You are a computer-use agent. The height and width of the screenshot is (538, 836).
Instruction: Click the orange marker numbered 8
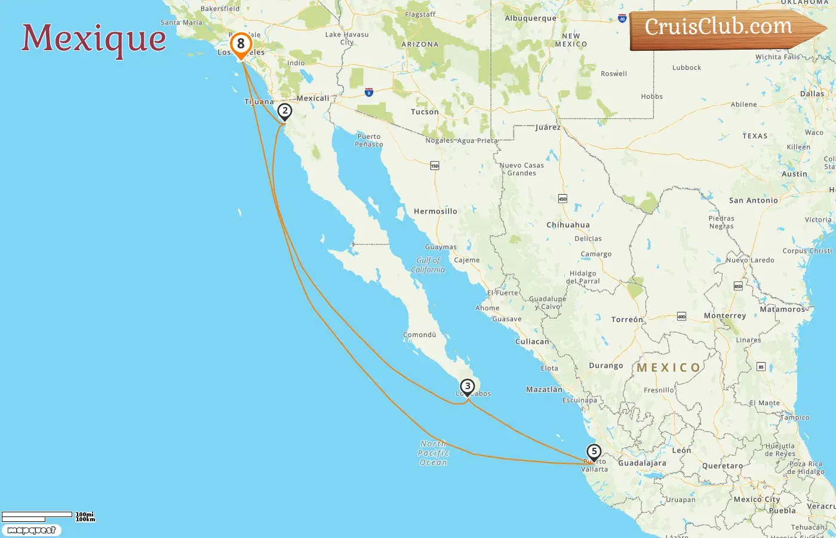[241, 44]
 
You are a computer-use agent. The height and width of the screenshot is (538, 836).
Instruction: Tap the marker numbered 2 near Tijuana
[285, 111]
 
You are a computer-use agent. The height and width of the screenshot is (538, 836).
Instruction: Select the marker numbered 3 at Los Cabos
[468, 386]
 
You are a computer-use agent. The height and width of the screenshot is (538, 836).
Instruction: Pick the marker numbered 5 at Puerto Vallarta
[594, 451]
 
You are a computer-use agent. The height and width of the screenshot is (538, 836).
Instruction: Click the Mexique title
[94, 38]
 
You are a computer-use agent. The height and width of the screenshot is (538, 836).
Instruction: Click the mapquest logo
[31, 530]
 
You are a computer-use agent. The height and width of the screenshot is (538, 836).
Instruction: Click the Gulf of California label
[428, 265]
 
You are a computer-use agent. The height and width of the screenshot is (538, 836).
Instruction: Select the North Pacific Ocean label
[434, 453]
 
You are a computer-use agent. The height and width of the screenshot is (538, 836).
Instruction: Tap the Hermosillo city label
[435, 212]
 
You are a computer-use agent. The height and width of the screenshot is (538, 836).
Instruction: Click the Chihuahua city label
[568, 225]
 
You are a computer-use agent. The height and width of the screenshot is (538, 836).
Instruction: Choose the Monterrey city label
[725, 316]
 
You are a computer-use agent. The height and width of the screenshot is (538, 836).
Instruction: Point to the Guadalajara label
[642, 463]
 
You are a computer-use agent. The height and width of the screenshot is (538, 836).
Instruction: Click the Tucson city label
[425, 112]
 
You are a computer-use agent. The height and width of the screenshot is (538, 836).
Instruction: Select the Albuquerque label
[530, 19]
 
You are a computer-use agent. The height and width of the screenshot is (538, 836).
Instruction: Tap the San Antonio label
[754, 201]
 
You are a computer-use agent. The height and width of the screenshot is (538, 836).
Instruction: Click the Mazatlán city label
[544, 389]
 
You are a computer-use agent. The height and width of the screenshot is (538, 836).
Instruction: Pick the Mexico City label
[757, 499]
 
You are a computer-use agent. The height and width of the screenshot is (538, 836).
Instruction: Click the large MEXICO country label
[668, 368]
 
